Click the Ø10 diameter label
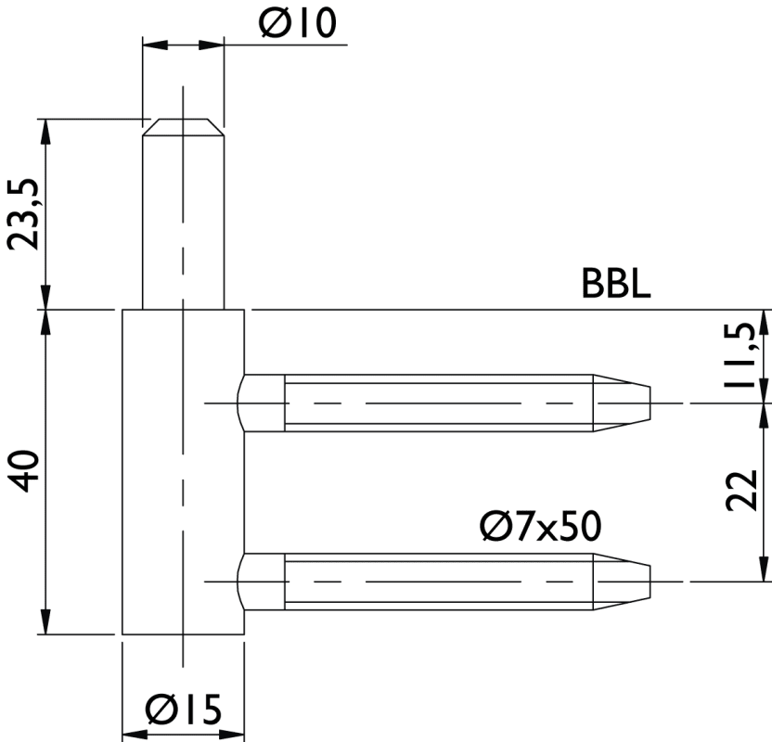[x=297, y=23]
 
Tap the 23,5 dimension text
[x=22, y=214]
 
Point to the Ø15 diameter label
[x=183, y=709]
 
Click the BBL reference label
[x=616, y=284]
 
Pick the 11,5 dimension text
[x=740, y=355]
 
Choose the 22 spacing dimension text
[x=741, y=490]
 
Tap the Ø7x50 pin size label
[x=540, y=526]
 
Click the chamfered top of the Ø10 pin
[x=183, y=127]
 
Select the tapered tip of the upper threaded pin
[x=622, y=403]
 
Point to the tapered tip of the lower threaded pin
[x=622, y=582]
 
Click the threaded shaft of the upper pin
[x=438, y=403]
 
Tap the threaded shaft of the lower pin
[x=438, y=582]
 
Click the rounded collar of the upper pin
[x=261, y=403]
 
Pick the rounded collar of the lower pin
[x=261, y=582]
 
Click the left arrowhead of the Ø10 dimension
[x=155, y=45]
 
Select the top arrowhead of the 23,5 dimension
[x=45, y=132]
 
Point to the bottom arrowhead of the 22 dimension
[x=764, y=569]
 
